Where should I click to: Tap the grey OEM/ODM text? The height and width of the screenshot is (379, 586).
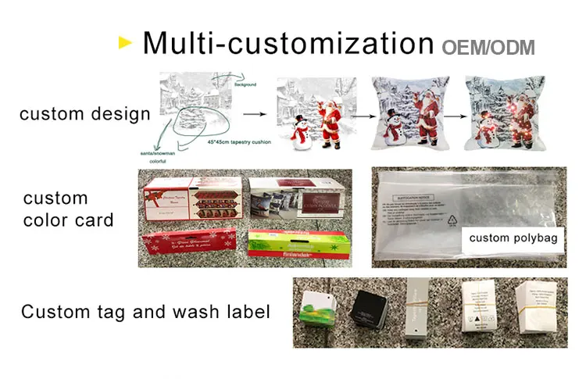[x=488, y=47]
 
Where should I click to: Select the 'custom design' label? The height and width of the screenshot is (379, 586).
[x=84, y=114]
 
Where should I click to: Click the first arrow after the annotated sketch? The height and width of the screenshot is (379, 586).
[x=252, y=114]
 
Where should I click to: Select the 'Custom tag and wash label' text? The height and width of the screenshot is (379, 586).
[x=145, y=312]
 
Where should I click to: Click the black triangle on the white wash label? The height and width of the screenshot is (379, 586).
[x=476, y=319]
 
